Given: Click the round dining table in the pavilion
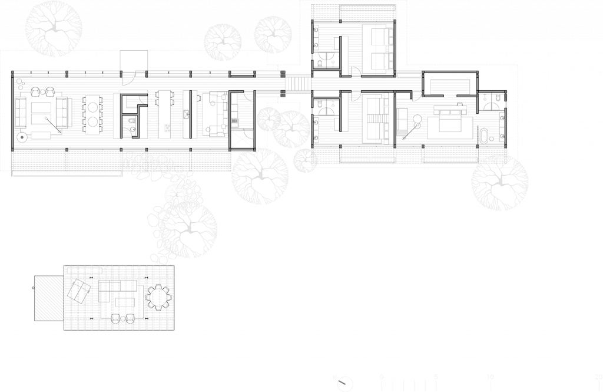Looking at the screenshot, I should [158, 297].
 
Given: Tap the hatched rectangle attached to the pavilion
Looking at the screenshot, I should [49, 298].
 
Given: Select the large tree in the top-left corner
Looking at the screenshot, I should [54, 28].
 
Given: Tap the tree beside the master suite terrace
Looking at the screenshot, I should [499, 183].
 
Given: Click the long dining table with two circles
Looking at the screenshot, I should [92, 114].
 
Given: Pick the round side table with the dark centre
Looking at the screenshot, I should [22, 138].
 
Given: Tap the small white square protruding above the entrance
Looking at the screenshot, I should [134, 60].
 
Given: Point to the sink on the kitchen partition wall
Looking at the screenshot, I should [186, 114].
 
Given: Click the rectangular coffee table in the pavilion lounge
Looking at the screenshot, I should [125, 302].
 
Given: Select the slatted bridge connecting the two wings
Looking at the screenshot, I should [297, 83].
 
